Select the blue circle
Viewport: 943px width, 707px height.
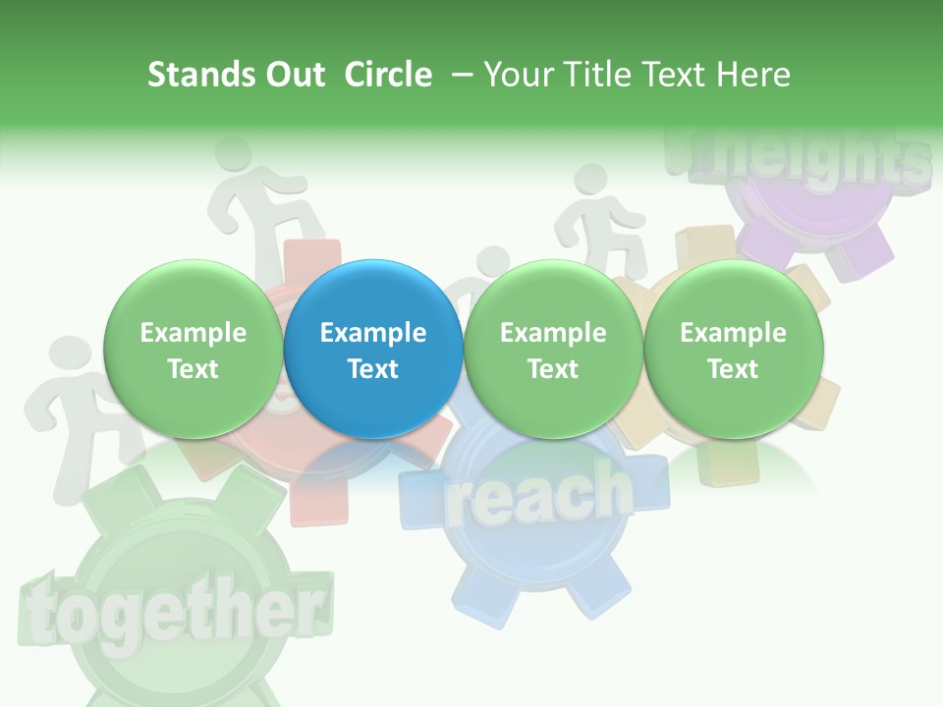pyautogui.click(x=373, y=349)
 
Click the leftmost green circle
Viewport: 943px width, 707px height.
pyautogui.click(x=194, y=349)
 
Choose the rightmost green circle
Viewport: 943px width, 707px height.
pyautogui.click(x=733, y=349)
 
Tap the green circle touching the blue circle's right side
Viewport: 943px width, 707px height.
pyautogui.click(x=553, y=349)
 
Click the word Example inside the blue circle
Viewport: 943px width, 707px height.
pyautogui.click(x=373, y=333)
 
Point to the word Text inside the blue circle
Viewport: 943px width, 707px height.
pyautogui.click(x=373, y=369)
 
